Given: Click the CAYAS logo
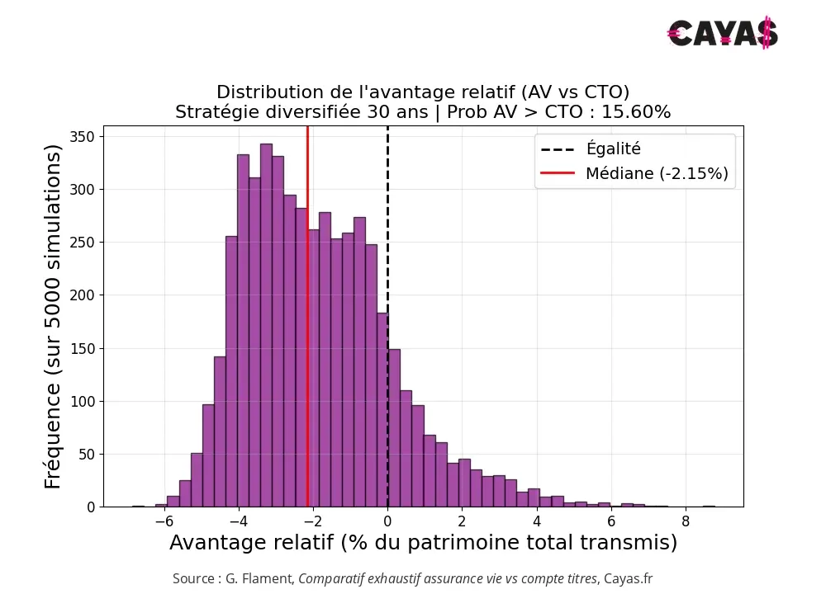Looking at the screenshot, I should pos(723,33).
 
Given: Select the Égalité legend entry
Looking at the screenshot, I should pos(613,149).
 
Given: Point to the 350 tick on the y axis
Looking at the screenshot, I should pos(83,136).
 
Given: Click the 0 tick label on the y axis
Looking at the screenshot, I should pos(91,507).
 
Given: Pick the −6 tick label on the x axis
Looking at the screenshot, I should pos(164,522).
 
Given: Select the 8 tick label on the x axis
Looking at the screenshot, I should pos(686,522).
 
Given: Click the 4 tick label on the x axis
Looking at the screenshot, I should pos(537,522).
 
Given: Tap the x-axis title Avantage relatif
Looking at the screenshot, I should pos(423,543).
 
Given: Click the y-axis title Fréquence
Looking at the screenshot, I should pos(54,316).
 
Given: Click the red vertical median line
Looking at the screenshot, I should pos(307,330).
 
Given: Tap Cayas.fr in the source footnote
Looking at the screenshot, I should pos(628,579).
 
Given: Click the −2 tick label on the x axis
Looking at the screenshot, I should pos(312,522).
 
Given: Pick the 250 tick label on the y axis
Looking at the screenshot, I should pos(83,243).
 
